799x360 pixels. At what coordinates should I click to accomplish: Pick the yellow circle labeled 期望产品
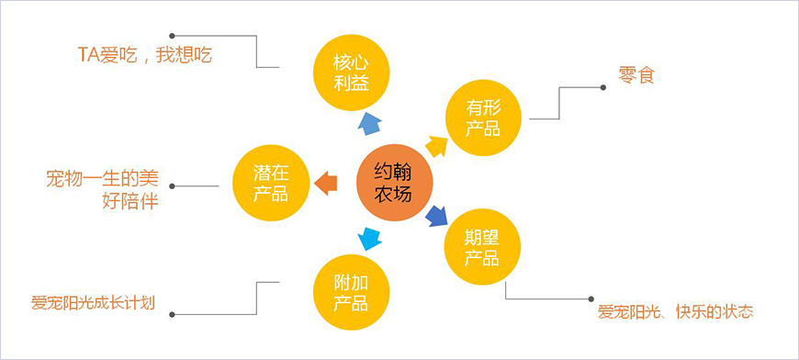(482, 246)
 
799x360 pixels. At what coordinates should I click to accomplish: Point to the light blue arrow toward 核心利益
(369, 123)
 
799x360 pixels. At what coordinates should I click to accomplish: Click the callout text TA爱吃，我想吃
(145, 55)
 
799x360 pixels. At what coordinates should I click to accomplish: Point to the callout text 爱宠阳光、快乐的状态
(676, 311)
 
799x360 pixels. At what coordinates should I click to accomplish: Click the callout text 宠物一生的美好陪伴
(102, 188)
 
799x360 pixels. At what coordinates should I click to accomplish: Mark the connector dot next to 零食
(602, 87)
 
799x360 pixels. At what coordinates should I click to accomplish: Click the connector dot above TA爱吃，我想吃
(174, 36)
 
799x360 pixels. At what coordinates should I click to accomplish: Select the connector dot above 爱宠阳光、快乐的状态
(591, 298)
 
